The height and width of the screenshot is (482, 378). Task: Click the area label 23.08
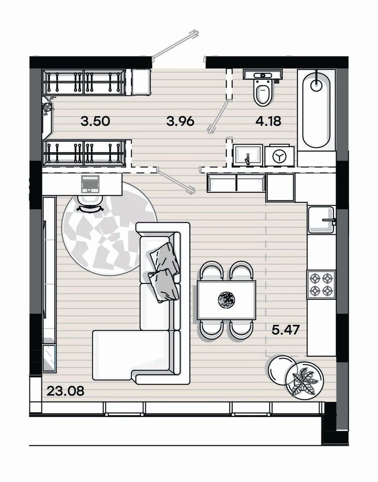(65, 391)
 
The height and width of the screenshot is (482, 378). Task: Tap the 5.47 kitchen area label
(285, 330)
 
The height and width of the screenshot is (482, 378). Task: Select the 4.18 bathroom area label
(268, 121)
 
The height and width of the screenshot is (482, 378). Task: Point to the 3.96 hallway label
(181, 121)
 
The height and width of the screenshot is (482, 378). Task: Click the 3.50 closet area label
(96, 121)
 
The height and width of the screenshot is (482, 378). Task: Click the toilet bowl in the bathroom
(263, 91)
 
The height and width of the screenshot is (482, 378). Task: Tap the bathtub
(316, 109)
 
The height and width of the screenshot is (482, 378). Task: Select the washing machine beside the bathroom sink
(280, 156)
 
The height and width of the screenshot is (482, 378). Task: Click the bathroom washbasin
(248, 155)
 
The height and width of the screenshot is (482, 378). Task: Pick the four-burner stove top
(321, 284)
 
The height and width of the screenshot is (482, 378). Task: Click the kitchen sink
(322, 220)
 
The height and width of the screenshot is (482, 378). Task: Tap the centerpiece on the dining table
(226, 299)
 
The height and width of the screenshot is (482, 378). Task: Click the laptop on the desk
(90, 184)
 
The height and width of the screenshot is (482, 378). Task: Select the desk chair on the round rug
(90, 204)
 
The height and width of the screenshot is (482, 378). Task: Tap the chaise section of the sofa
(132, 353)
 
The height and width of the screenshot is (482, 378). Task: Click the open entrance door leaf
(175, 44)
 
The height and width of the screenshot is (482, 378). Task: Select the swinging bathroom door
(218, 117)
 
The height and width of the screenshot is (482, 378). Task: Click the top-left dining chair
(212, 270)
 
